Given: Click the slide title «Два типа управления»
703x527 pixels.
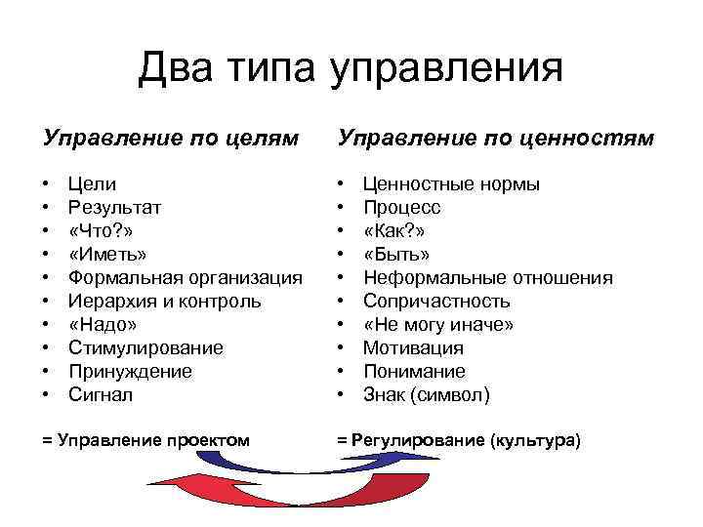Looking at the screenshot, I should (x=351, y=68).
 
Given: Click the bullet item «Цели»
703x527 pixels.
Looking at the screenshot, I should (x=92, y=184).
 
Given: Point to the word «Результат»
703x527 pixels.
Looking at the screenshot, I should (x=115, y=208).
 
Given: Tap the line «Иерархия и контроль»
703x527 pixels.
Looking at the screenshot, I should (x=164, y=302).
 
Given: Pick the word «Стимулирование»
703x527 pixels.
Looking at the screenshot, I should (x=145, y=348).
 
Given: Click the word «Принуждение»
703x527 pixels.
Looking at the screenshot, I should (x=130, y=372).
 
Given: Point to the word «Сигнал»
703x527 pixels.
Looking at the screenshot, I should (x=100, y=395).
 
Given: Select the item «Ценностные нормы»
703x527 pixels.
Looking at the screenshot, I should (x=451, y=184).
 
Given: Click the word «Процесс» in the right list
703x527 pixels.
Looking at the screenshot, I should (x=402, y=208).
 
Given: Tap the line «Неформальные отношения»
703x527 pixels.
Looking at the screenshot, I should (x=487, y=278).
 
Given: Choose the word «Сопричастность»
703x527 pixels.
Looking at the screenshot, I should (x=436, y=302).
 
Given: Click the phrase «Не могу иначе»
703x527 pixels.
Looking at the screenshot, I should (x=438, y=325).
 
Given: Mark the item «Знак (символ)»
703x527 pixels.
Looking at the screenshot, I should (x=427, y=395).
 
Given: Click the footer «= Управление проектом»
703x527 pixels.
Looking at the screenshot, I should (x=146, y=440).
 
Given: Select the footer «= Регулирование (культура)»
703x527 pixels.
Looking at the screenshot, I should (x=459, y=440).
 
